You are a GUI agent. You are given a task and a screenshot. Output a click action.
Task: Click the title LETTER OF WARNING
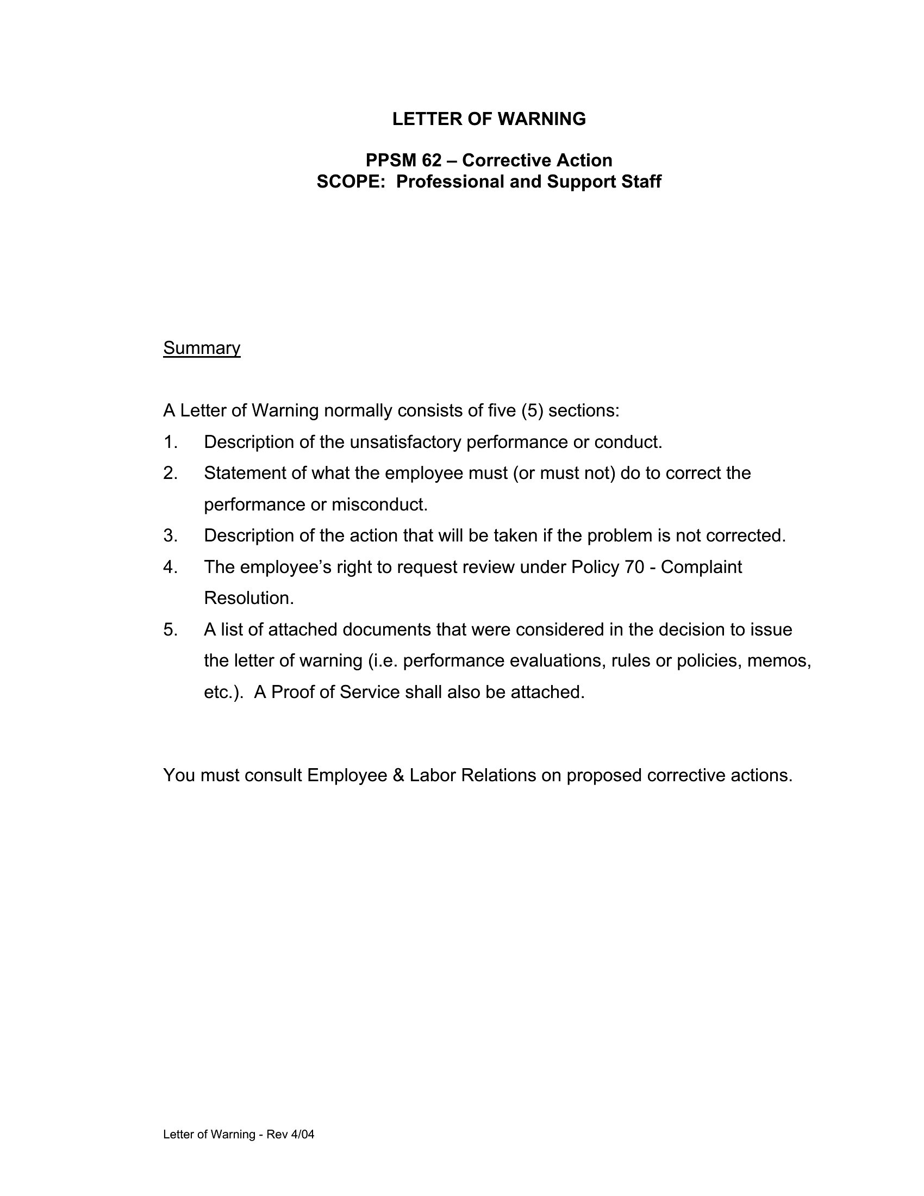click(489, 119)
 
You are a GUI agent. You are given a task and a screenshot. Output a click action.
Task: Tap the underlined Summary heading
click(202, 348)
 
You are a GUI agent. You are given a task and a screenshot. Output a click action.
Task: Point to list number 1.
click(170, 442)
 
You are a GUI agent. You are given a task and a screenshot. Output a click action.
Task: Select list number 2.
click(170, 473)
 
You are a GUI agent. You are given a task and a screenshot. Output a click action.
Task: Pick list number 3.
click(170, 535)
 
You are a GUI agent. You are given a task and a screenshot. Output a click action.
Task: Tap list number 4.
click(170, 567)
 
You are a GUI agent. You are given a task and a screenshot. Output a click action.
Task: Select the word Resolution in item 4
click(248, 598)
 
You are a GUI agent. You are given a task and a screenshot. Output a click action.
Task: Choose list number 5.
click(170, 630)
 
